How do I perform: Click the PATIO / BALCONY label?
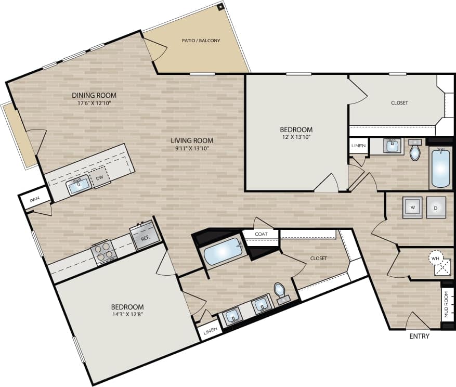[201, 41]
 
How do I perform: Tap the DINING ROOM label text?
[94, 95]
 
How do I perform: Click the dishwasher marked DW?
[99, 178]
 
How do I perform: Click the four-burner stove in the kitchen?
[103, 251]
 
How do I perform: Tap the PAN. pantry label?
[35, 199]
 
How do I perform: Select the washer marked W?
[412, 207]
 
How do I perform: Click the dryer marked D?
[436, 207]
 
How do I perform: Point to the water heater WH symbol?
[435, 257]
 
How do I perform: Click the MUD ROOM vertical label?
[446, 305]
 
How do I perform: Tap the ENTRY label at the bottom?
[419, 337]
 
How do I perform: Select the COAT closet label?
[261, 234]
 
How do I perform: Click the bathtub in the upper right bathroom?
[440, 168]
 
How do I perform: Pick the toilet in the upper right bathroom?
[415, 151]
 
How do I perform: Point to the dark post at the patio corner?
[220, 7]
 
